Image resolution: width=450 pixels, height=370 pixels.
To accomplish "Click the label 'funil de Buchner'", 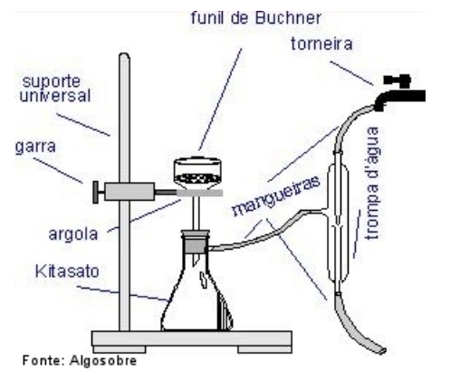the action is click(x=256, y=18).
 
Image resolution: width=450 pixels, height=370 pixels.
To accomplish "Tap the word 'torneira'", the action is click(x=321, y=44).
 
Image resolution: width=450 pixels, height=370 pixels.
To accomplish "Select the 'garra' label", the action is click(x=35, y=147).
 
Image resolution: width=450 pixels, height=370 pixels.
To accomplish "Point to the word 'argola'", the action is click(x=73, y=234).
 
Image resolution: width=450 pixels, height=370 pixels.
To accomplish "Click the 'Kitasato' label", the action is click(x=67, y=271).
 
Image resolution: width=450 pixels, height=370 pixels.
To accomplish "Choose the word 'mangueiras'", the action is click(x=275, y=195).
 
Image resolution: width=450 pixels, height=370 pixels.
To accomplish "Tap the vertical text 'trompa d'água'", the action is click(x=372, y=183).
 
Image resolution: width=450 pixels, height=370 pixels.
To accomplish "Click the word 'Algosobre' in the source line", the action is click(x=103, y=360).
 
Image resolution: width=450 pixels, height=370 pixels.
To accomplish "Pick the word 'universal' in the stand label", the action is click(x=55, y=96).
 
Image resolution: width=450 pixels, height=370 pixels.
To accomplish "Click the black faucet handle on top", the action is click(x=397, y=80).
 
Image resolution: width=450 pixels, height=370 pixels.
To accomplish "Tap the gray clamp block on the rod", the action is click(x=129, y=192).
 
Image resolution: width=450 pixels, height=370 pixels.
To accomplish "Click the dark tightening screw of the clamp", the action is click(x=95, y=192).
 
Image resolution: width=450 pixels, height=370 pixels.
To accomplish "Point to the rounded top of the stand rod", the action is click(x=124, y=56).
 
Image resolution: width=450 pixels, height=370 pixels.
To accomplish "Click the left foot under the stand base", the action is click(x=120, y=349).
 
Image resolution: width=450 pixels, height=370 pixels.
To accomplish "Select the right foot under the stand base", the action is click(x=264, y=349).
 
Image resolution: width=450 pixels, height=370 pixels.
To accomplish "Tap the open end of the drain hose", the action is click(x=382, y=351).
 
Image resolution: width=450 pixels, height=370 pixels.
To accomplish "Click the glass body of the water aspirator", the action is click(x=338, y=223).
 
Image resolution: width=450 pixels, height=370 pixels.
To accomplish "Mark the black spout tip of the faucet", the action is click(x=379, y=106).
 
